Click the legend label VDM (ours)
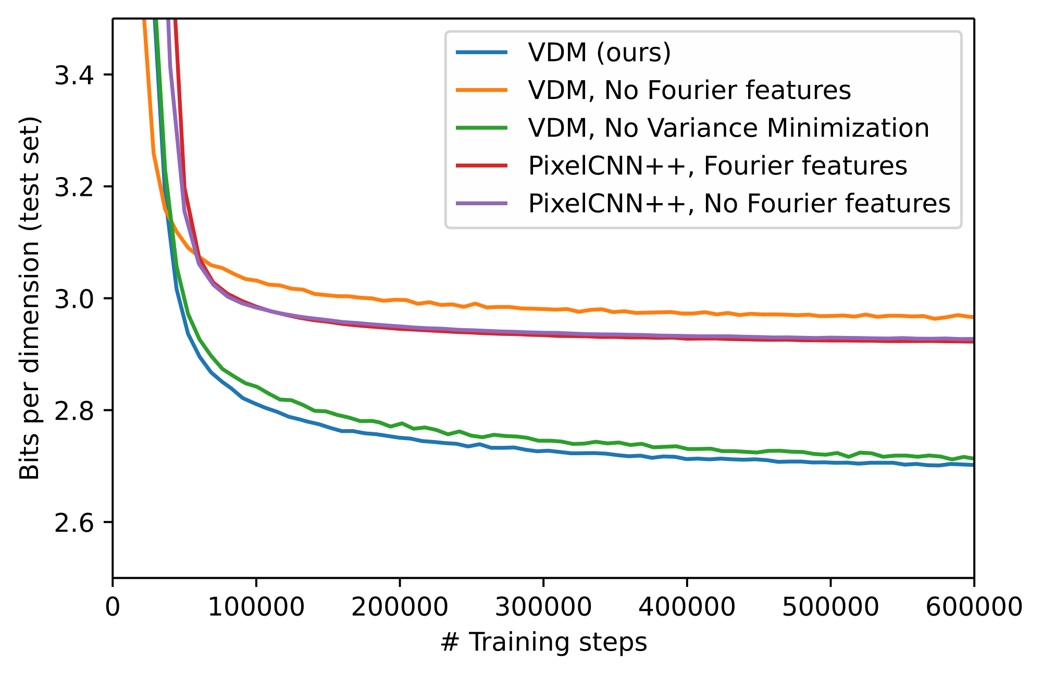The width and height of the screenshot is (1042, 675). pyautogui.click(x=599, y=52)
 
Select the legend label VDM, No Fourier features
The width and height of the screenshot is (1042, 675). pyautogui.click(x=689, y=90)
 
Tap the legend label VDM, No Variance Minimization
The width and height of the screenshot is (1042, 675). pyautogui.click(x=728, y=128)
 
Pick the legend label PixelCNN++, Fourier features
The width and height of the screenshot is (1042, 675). pyautogui.click(x=717, y=166)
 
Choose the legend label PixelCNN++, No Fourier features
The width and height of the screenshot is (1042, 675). pyautogui.click(x=739, y=204)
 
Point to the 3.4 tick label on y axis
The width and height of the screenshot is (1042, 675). pyautogui.click(x=74, y=76)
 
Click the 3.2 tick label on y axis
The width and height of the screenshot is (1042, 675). pyautogui.click(x=74, y=187)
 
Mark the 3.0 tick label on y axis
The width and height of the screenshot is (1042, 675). pyautogui.click(x=74, y=299)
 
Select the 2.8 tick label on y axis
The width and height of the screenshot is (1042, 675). pyautogui.click(x=74, y=411)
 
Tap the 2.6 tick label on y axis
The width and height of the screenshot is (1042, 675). pyautogui.click(x=74, y=523)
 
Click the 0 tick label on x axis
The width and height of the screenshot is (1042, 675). pyautogui.click(x=113, y=607)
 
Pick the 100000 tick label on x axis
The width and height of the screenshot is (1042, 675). pyautogui.click(x=256, y=607)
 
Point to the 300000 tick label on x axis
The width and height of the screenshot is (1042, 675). pyautogui.click(x=543, y=607)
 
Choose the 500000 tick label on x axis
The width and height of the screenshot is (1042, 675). pyautogui.click(x=830, y=607)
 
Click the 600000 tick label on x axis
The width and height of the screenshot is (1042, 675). pyautogui.click(x=973, y=607)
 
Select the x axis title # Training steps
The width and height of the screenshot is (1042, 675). pyautogui.click(x=543, y=643)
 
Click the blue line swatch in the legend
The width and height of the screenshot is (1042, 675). pyautogui.click(x=481, y=52)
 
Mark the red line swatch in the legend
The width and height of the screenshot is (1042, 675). pyautogui.click(x=481, y=166)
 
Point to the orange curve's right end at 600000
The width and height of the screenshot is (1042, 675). pyautogui.click(x=973, y=317)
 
